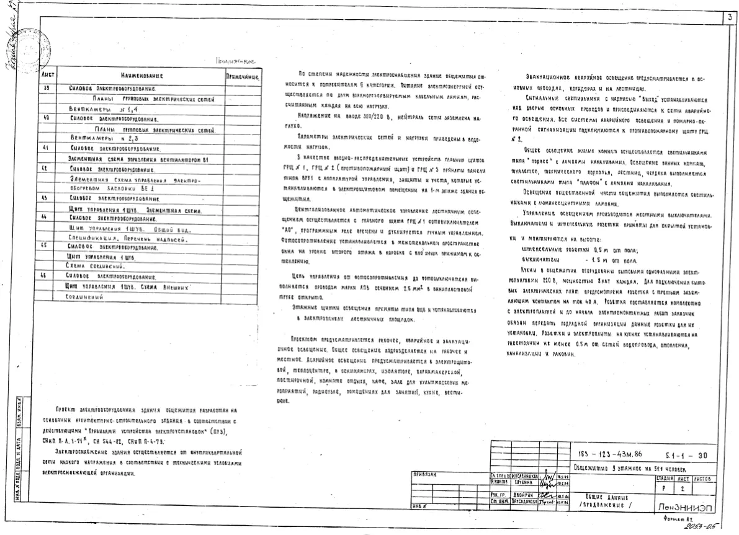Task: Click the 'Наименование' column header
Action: (x=141, y=76)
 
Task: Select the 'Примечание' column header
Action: (x=242, y=76)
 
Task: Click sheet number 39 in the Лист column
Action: (x=47, y=89)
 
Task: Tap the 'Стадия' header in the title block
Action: (x=664, y=479)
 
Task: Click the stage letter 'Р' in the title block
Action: (x=663, y=489)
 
